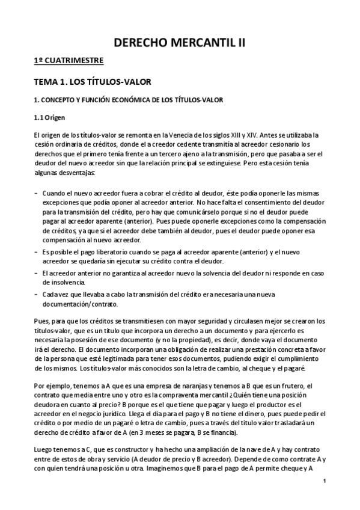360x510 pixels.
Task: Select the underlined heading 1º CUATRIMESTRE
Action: point(68,60)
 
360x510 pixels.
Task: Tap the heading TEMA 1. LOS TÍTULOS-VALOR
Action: point(91,80)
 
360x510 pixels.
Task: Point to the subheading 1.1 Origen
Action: point(51,117)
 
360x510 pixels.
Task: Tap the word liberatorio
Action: point(108,250)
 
